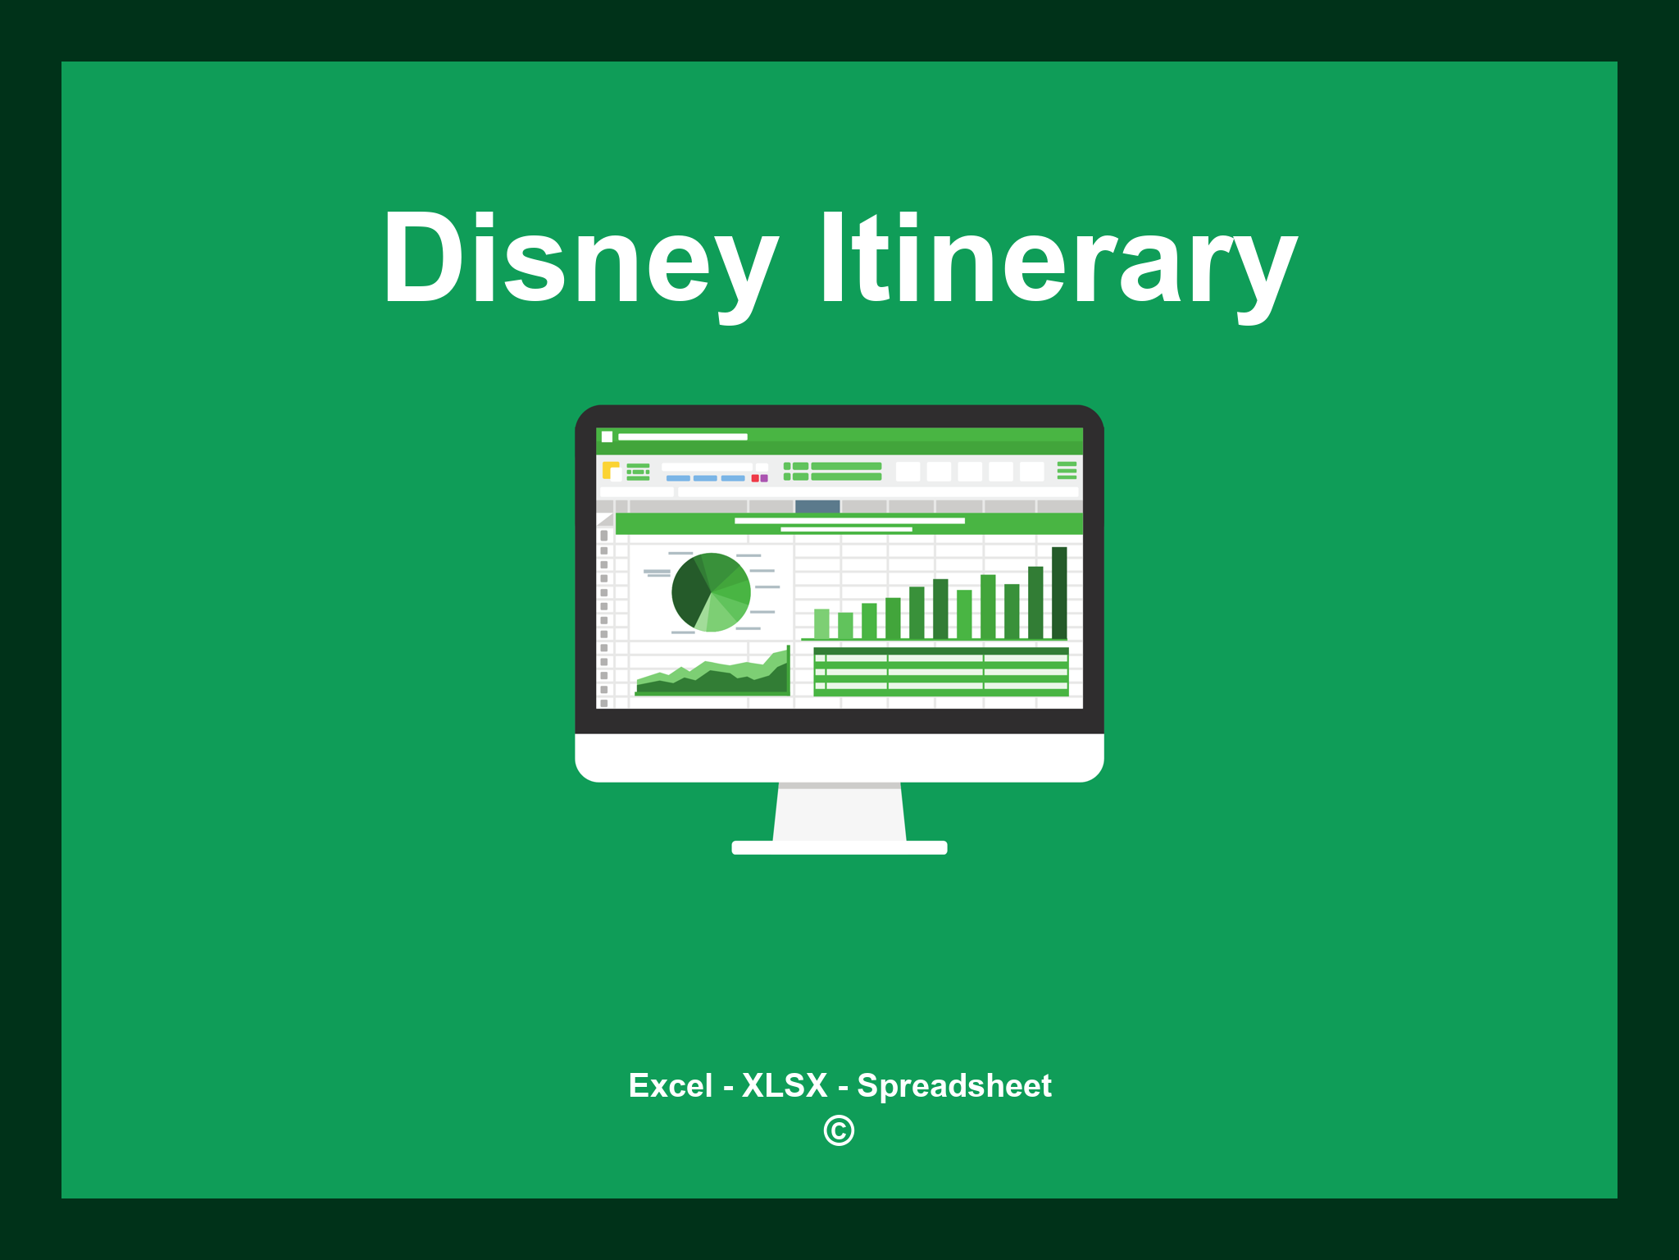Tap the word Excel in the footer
(x=670, y=1085)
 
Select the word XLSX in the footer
(x=785, y=1085)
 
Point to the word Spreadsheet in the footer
(x=953, y=1085)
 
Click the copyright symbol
(x=839, y=1130)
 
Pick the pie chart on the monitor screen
(x=711, y=592)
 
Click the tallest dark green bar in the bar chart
(x=1059, y=592)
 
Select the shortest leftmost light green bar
(x=821, y=623)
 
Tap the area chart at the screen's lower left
(x=712, y=677)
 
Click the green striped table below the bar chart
(x=940, y=671)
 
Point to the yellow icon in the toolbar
(x=610, y=470)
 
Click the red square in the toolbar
(x=755, y=478)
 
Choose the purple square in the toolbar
(x=764, y=478)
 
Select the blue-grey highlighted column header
(x=817, y=506)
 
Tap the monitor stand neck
(x=839, y=812)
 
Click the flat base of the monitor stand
(x=839, y=847)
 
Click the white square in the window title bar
(x=607, y=436)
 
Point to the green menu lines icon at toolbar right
(x=1067, y=470)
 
